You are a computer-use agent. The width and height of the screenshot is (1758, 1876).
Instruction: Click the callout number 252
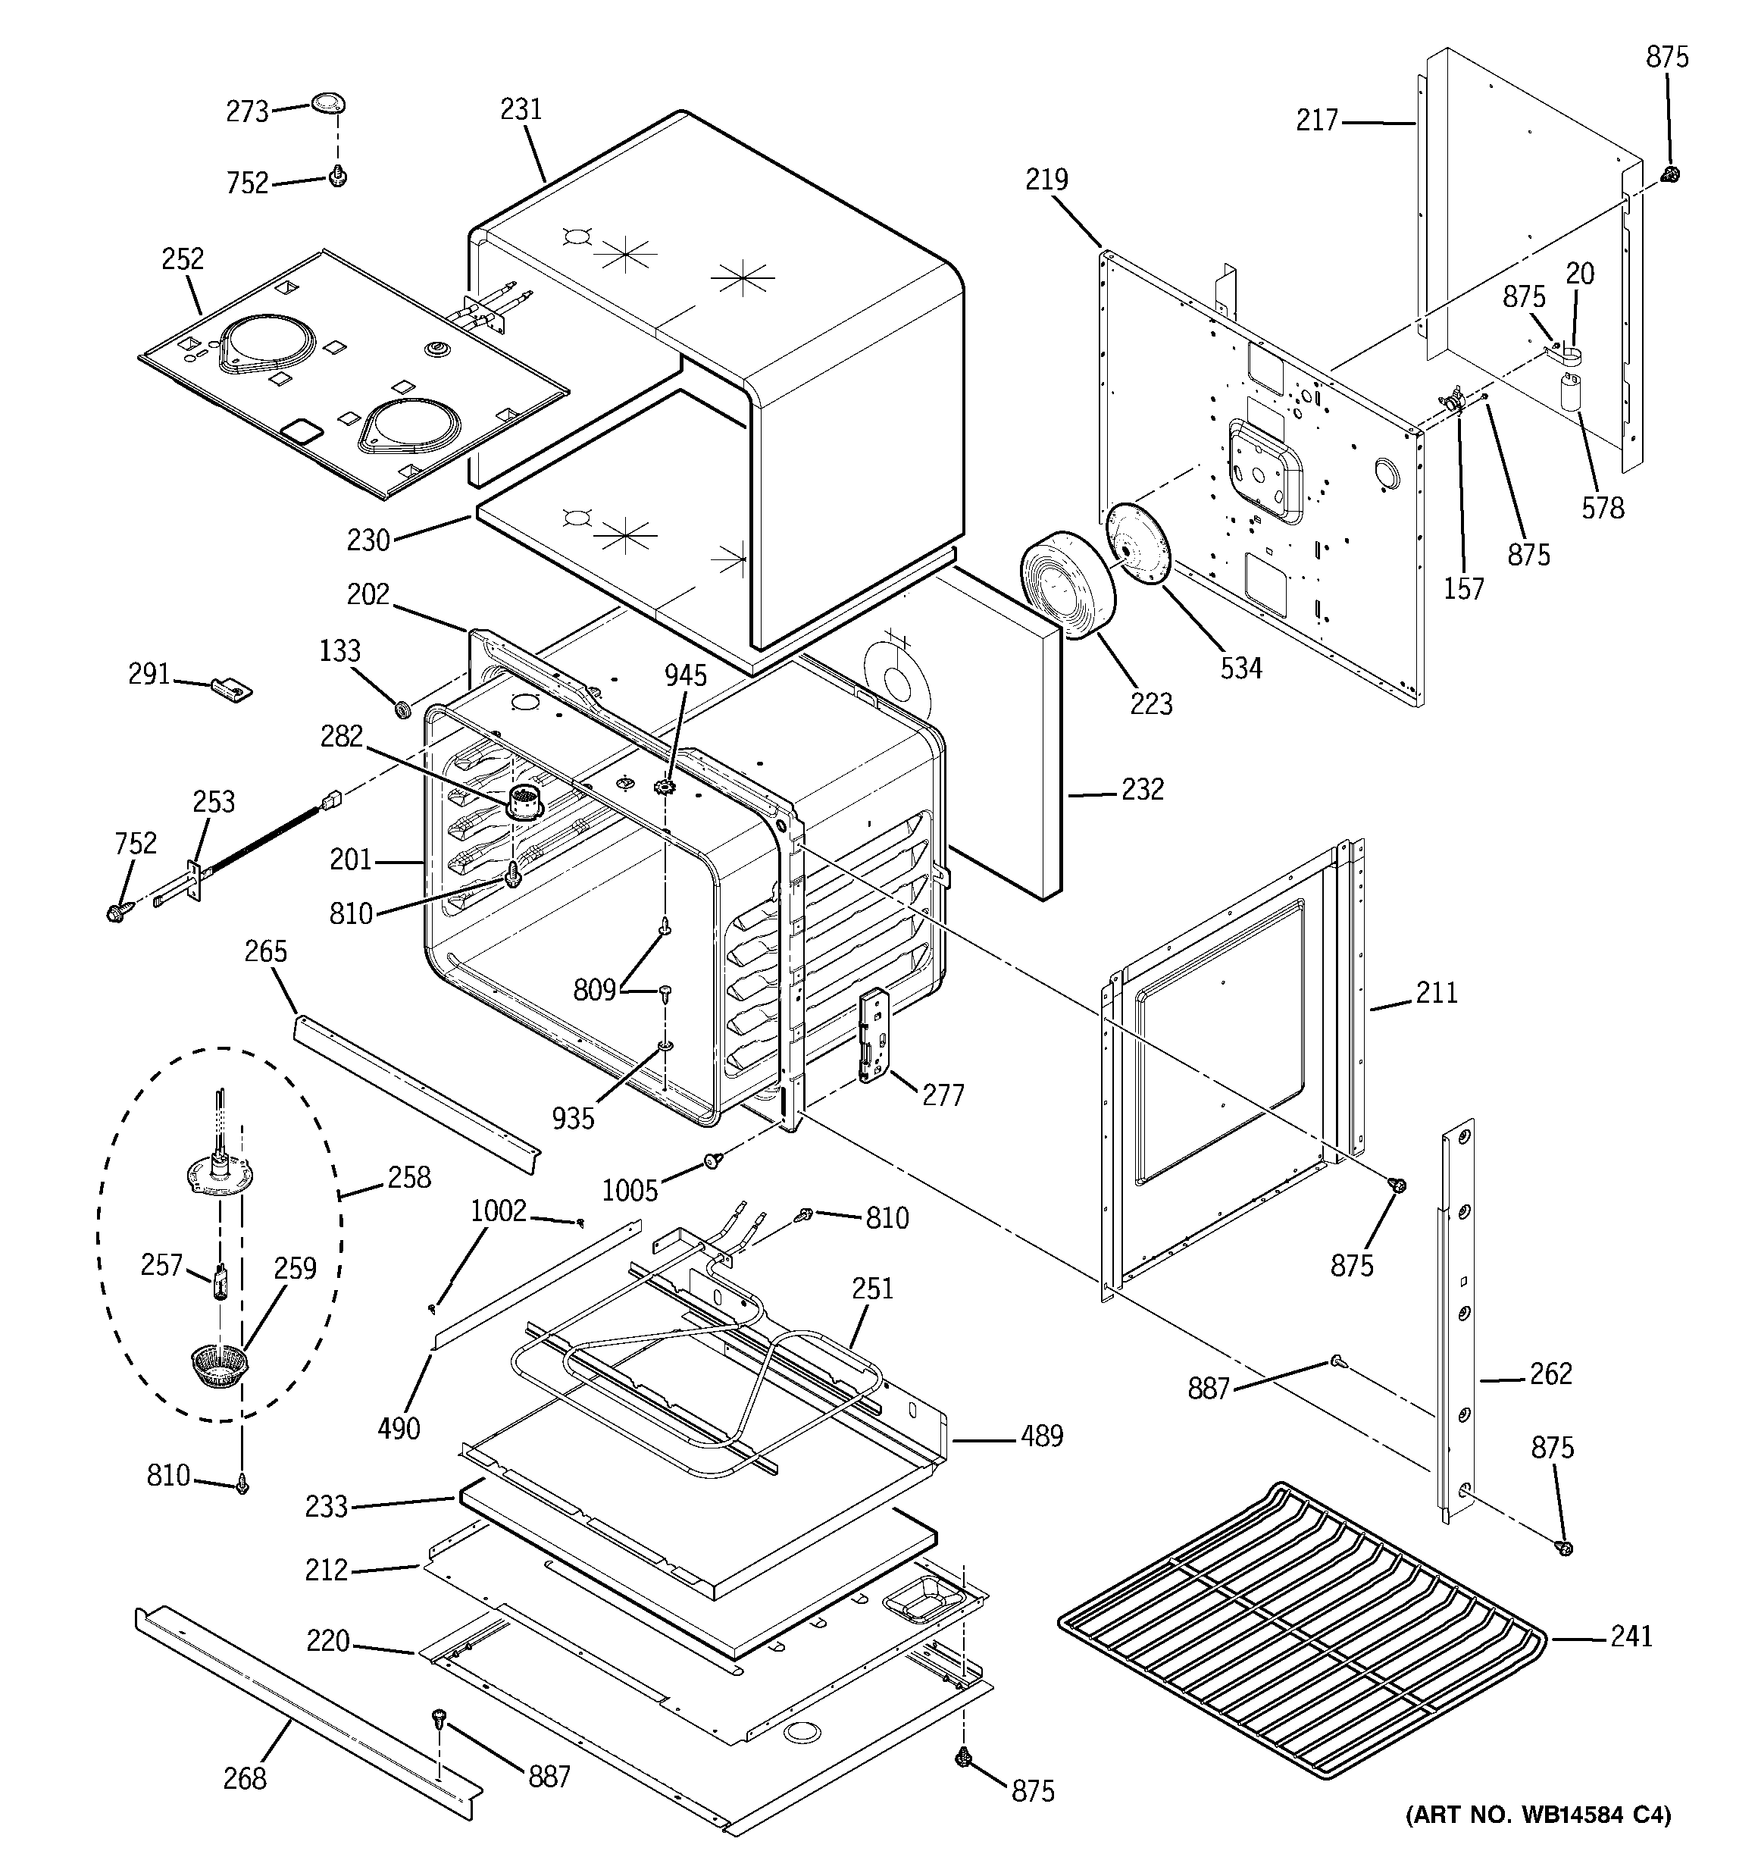point(182,258)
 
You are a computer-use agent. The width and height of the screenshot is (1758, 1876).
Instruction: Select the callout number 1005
point(630,1190)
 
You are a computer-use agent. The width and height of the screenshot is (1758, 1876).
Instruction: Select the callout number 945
point(685,675)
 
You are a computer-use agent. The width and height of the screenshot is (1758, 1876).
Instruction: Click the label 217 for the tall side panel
point(1317,120)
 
